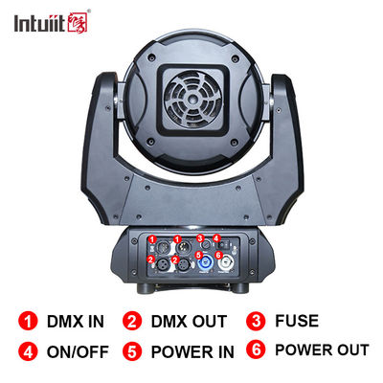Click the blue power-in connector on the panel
pos(204,264)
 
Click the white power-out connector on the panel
pos(226,264)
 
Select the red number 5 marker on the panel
pos(198,256)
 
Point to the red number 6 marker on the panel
pos(218,255)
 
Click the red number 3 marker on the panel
pos(200,237)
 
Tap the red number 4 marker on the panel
pos(216,238)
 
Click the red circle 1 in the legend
pos(28,321)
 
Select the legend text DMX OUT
pos(189,322)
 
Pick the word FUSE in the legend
pos(297,321)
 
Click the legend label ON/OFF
pos(78,351)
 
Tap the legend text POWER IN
pos(192,351)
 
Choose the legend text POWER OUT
pos(322,349)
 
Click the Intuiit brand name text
pos(39,23)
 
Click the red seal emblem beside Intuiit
pos(78,22)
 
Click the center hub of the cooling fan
pos(193,100)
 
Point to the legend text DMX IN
pos(76,322)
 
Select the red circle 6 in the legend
pos(256,349)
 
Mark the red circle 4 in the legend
pos(28,351)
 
